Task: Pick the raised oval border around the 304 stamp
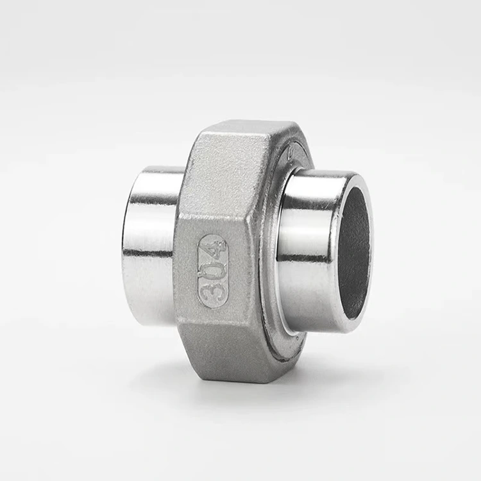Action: tap(201, 269)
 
